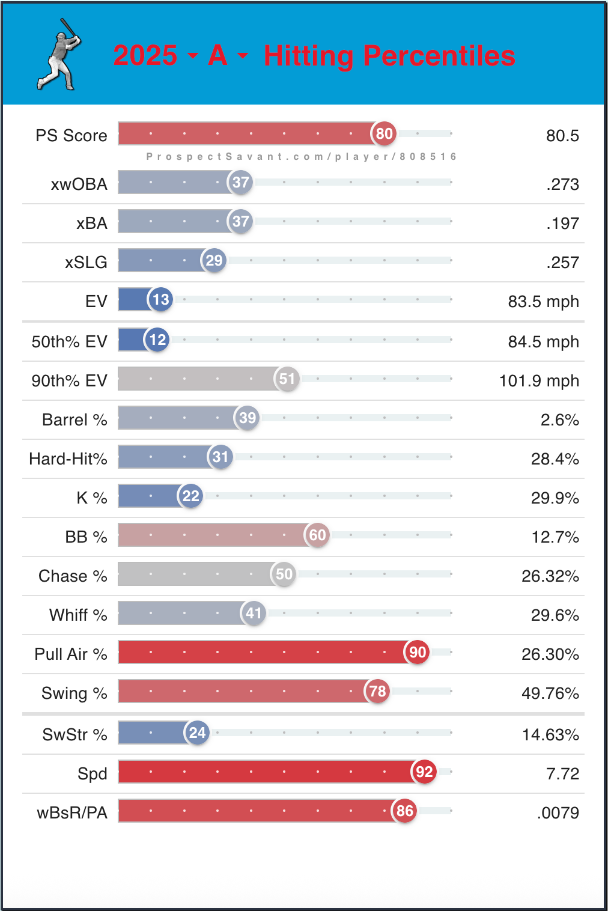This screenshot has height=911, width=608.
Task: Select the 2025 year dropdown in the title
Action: [155, 56]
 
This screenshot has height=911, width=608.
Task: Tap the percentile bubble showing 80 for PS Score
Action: [384, 133]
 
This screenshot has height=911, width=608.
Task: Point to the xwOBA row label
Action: [79, 184]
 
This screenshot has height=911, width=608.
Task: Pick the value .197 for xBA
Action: [562, 224]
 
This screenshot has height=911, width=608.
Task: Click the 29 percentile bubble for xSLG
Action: [214, 260]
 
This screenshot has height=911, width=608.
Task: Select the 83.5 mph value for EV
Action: [543, 301]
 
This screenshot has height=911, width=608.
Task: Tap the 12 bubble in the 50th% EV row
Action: [157, 340]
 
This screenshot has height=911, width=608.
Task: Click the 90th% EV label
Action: [69, 380]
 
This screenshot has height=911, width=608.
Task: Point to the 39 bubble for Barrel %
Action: [248, 418]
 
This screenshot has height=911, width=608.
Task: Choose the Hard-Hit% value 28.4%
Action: [555, 459]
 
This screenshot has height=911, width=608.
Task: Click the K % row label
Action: [91, 498]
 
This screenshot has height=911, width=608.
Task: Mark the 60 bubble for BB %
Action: [317, 535]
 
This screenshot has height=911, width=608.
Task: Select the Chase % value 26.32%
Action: [550, 576]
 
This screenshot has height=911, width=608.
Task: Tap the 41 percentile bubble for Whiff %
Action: [254, 613]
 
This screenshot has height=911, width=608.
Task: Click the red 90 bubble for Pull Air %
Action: [418, 652]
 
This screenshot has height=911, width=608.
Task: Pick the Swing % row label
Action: [74, 693]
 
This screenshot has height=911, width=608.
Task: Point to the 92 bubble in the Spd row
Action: [424, 772]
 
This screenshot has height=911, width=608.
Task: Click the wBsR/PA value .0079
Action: [558, 813]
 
